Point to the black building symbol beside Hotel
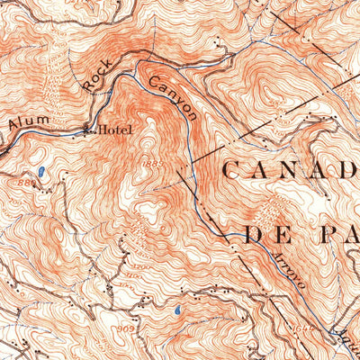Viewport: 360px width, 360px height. (x=88, y=129)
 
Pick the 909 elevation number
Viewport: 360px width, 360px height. (x=125, y=329)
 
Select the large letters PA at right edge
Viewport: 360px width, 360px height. (x=337, y=237)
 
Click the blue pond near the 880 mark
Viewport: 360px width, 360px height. (x=40, y=170)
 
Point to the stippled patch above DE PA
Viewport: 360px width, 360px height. (x=269, y=211)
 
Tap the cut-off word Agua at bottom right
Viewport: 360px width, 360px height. (x=346, y=346)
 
